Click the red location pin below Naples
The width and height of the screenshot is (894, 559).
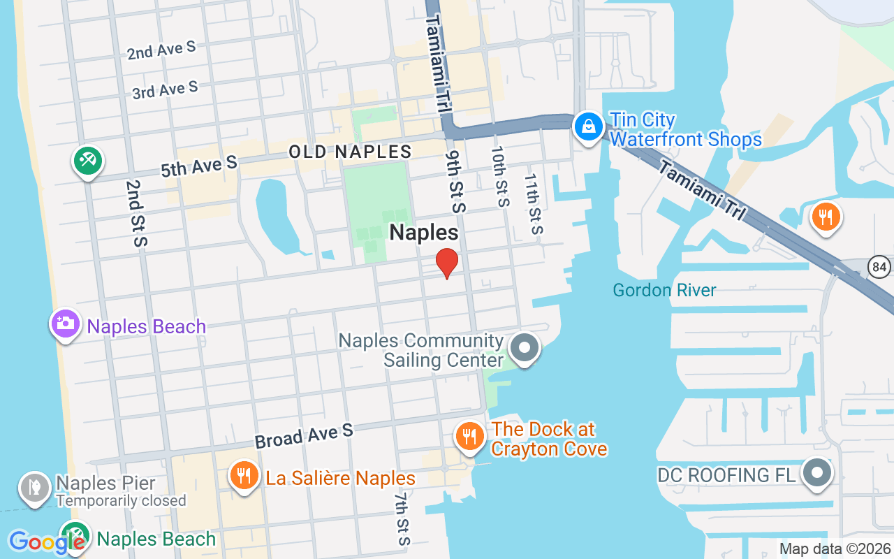(447, 263)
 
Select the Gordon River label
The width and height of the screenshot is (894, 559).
(664, 290)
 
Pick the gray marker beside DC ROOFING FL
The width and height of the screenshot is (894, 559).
(816, 474)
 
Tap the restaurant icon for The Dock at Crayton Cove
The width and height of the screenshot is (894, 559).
(469, 437)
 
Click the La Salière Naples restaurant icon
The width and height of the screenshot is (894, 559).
(243, 477)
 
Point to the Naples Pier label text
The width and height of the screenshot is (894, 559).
(105, 483)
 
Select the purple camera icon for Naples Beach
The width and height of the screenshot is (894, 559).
(64, 324)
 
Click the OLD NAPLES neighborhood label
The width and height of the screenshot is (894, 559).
(351, 152)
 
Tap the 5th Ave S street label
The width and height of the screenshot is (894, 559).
(199, 166)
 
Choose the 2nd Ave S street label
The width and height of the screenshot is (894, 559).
(161, 50)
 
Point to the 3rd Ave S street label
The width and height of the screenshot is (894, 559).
(166, 89)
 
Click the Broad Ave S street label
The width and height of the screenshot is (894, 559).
(304, 437)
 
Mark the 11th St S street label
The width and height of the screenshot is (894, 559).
(533, 204)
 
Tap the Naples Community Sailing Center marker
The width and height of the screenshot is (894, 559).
(525, 347)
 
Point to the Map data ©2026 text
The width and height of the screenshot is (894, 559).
(835, 549)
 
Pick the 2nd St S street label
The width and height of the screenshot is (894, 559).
(137, 213)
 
